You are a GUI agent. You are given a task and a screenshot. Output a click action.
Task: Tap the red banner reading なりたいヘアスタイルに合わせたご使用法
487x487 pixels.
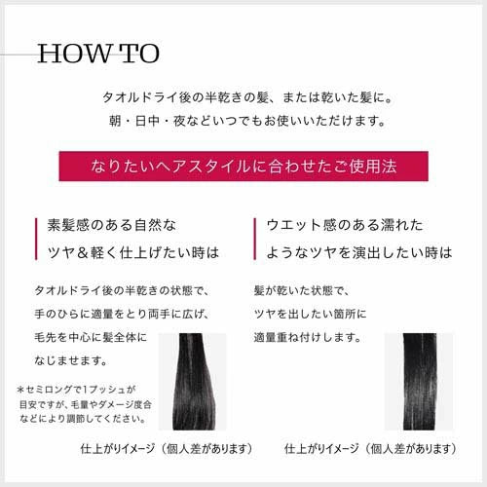pos(243,165)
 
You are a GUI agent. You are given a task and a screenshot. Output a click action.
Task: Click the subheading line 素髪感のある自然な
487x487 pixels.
pos(112,225)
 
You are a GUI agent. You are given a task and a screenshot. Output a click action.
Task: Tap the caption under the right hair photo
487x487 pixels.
pos(370,449)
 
